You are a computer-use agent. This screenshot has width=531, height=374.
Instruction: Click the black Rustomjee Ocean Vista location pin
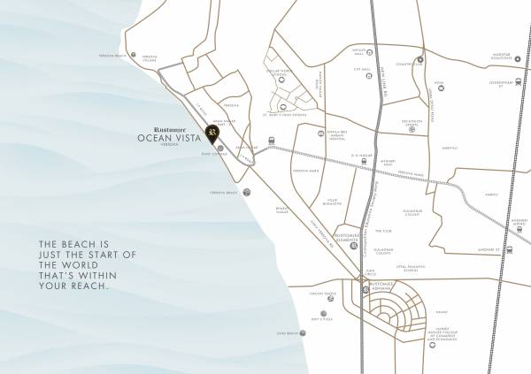click(212, 135)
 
